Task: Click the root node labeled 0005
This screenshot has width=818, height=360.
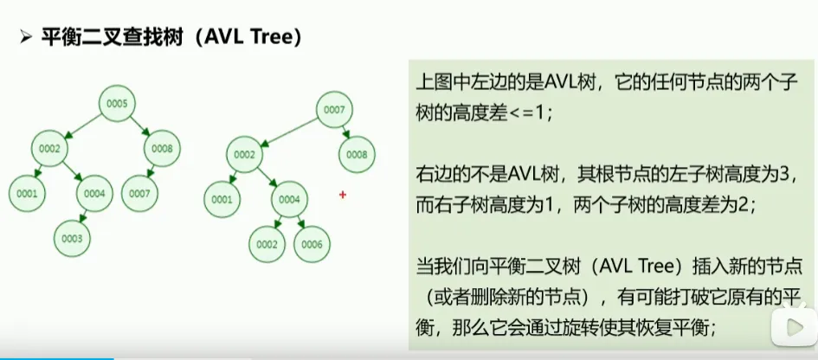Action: point(118,105)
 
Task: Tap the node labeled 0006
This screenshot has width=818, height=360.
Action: point(312,245)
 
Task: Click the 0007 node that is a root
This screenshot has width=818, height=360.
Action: point(336,111)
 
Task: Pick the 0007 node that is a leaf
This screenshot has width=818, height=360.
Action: point(139,194)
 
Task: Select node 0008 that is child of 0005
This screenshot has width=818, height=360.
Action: point(162,149)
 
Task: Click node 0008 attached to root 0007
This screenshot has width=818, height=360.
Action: point(357,155)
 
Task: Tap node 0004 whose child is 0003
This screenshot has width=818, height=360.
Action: point(95,194)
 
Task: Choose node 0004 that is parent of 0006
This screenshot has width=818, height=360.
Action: point(290,200)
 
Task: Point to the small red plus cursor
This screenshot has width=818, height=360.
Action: point(343,196)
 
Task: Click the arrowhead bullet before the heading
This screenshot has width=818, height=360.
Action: point(25,39)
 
